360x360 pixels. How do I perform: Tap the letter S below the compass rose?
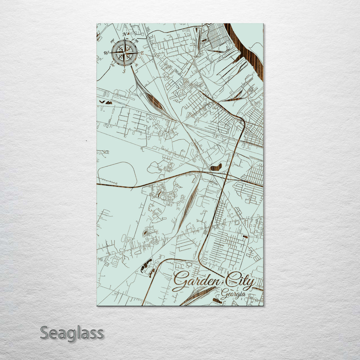[124, 71]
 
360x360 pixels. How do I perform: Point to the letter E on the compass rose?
[142, 53]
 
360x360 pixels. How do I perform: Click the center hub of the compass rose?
[125, 53]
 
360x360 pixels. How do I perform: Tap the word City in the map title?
[239, 282]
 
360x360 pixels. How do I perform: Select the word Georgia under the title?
[233, 295]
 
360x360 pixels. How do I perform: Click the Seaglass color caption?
[72, 333]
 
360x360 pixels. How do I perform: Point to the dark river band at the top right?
[248, 50]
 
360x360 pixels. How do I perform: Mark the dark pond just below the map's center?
[216, 167]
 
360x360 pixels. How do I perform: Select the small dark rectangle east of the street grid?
[245, 237]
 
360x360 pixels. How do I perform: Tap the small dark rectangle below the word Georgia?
[217, 300]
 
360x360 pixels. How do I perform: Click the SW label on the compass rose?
[112, 65]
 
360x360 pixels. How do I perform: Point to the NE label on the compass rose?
[136, 41]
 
